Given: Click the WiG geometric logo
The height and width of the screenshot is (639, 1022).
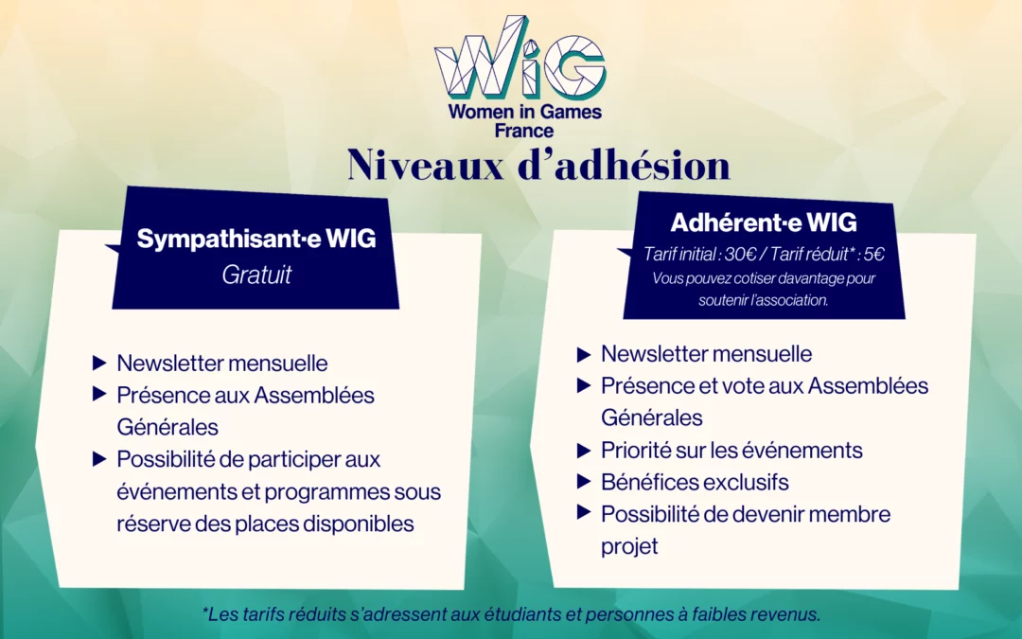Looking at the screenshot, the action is (x=520, y=58).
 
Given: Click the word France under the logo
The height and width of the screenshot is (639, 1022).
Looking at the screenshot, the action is (x=524, y=131).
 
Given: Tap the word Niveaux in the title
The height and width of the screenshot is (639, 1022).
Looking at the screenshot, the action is (x=426, y=165).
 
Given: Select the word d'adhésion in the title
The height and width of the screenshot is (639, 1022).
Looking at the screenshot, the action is (x=625, y=165).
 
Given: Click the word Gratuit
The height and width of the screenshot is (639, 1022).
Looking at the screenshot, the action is (x=256, y=275).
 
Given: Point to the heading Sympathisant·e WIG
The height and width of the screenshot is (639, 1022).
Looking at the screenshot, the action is (x=256, y=239).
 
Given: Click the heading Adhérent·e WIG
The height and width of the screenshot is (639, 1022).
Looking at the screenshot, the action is (x=764, y=223).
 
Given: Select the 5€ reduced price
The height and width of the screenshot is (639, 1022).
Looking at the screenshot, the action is (x=874, y=254).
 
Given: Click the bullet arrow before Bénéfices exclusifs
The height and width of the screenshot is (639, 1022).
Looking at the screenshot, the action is (x=584, y=482).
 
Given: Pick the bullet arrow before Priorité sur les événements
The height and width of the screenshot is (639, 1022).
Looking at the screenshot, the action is (x=584, y=450).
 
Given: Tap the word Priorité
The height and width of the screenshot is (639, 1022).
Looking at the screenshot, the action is (x=636, y=450).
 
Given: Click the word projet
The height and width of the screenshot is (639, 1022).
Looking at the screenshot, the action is (x=629, y=547).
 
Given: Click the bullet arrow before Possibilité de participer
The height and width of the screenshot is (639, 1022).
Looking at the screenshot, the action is (x=99, y=459).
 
